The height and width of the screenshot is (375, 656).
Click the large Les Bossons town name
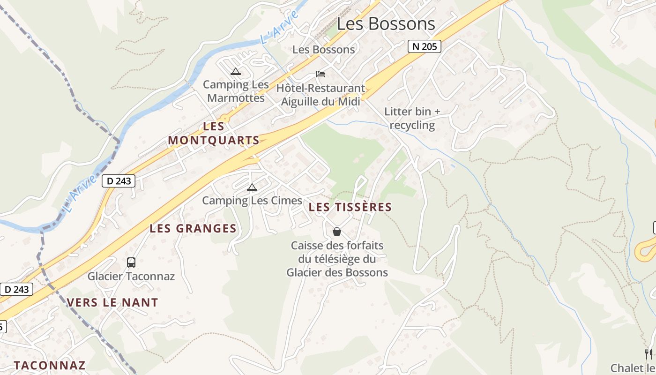(x=386, y=23)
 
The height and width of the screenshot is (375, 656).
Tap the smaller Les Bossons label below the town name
(x=323, y=49)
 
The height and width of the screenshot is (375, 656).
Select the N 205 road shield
(x=424, y=46)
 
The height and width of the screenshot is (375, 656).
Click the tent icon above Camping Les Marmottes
(x=235, y=72)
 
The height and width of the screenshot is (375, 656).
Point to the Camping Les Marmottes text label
(x=236, y=91)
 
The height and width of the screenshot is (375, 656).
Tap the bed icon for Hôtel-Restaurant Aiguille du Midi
(x=321, y=74)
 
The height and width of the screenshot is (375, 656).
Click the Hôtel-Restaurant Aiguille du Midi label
(x=321, y=95)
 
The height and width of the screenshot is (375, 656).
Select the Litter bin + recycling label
(x=412, y=118)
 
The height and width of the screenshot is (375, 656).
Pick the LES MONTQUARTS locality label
(x=214, y=133)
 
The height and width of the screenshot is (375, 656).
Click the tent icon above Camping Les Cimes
(x=252, y=187)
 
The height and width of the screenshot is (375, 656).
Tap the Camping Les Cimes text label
(x=252, y=201)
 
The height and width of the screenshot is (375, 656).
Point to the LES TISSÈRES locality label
(x=350, y=207)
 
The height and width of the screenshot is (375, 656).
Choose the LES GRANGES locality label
(x=193, y=228)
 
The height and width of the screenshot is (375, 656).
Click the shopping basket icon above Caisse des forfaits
(x=336, y=232)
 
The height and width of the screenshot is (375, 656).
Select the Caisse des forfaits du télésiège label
(x=337, y=259)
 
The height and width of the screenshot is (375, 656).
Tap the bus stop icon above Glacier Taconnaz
(x=131, y=262)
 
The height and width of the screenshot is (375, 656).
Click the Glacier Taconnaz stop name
(x=131, y=276)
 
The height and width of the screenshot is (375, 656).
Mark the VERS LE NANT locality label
(x=112, y=302)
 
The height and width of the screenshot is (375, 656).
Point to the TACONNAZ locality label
(x=50, y=365)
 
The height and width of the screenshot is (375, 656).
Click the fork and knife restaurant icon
(x=648, y=354)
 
